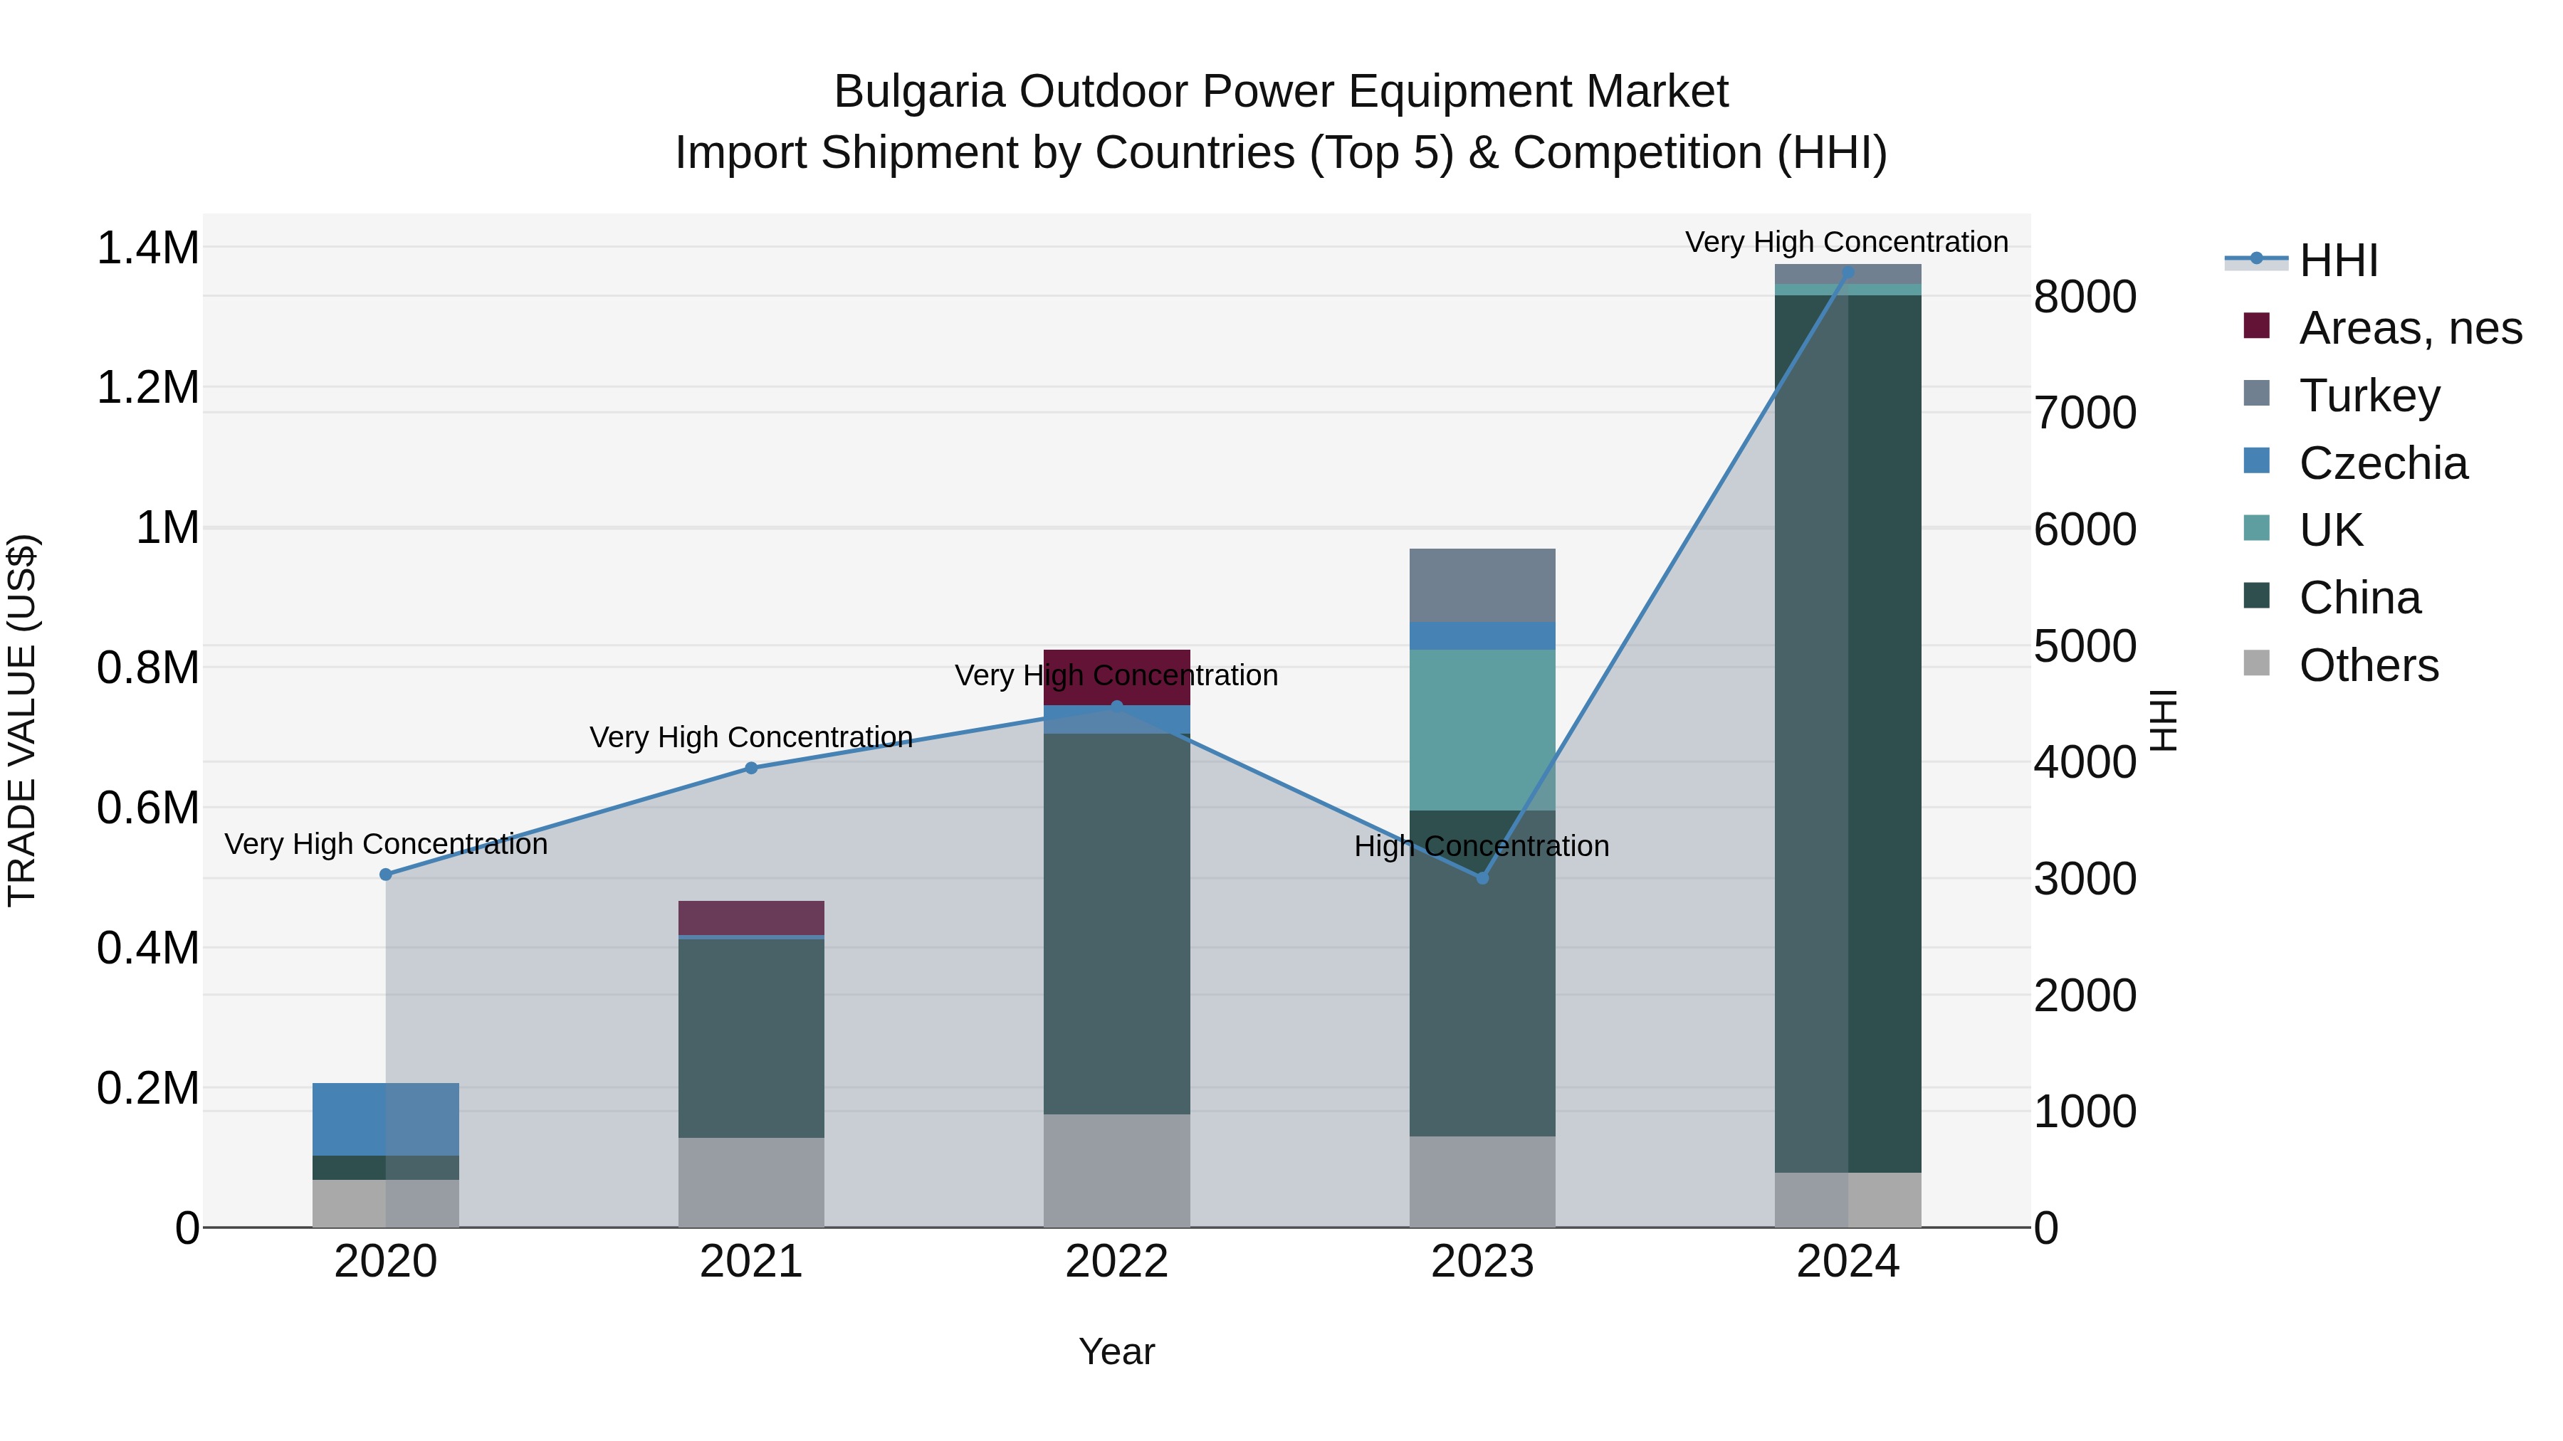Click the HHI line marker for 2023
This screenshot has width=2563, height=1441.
click(1482, 878)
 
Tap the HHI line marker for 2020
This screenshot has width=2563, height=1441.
click(386, 874)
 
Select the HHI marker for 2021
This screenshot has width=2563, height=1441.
click(751, 768)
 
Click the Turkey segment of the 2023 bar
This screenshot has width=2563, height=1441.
click(1482, 585)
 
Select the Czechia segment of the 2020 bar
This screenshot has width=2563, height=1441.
click(386, 1119)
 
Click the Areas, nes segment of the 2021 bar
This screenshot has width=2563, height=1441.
click(751, 917)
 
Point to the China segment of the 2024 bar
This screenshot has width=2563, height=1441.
click(1847, 733)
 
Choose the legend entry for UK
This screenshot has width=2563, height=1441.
click(2330, 530)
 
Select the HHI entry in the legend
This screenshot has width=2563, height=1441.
click(2338, 260)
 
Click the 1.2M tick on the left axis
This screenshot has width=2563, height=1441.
click(148, 387)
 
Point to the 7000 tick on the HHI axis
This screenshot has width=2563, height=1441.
click(2085, 413)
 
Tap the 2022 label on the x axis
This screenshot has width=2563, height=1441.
click(1116, 1262)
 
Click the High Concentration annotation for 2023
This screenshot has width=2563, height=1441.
click(1482, 846)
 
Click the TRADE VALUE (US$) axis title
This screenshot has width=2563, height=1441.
click(22, 720)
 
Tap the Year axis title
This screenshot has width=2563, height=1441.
click(1116, 1351)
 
